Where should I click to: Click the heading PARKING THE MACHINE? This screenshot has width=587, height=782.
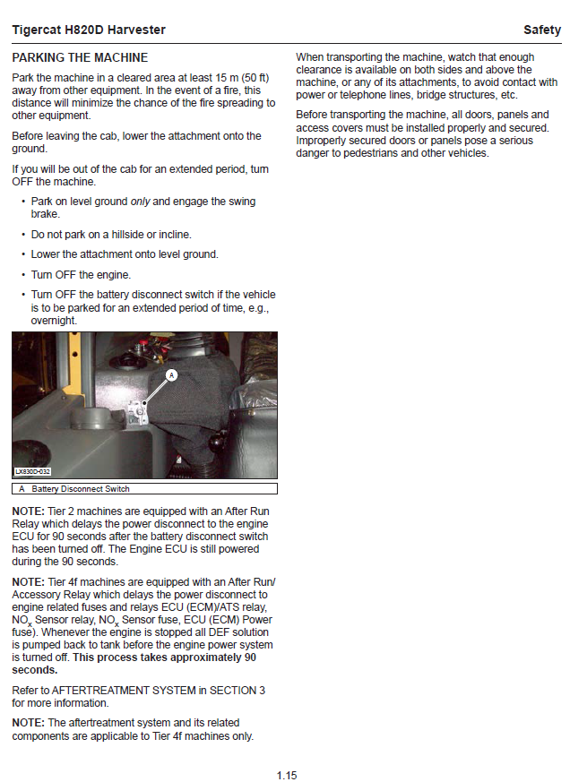point(80,57)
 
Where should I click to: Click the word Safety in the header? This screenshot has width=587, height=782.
point(542,30)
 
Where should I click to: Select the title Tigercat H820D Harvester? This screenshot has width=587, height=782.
point(89,30)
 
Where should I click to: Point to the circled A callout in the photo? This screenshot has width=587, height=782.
point(172,374)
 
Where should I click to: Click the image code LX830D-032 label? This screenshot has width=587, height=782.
point(33,471)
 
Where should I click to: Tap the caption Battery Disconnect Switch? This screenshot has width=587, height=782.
point(81,489)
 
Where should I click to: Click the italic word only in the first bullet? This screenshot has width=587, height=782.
point(140,202)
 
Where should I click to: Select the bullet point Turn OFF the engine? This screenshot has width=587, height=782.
point(81,275)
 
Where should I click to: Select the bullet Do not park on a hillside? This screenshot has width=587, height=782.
point(99,234)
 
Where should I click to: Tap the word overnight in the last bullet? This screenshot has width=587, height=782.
point(54,320)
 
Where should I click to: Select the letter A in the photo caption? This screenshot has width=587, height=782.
point(22,489)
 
